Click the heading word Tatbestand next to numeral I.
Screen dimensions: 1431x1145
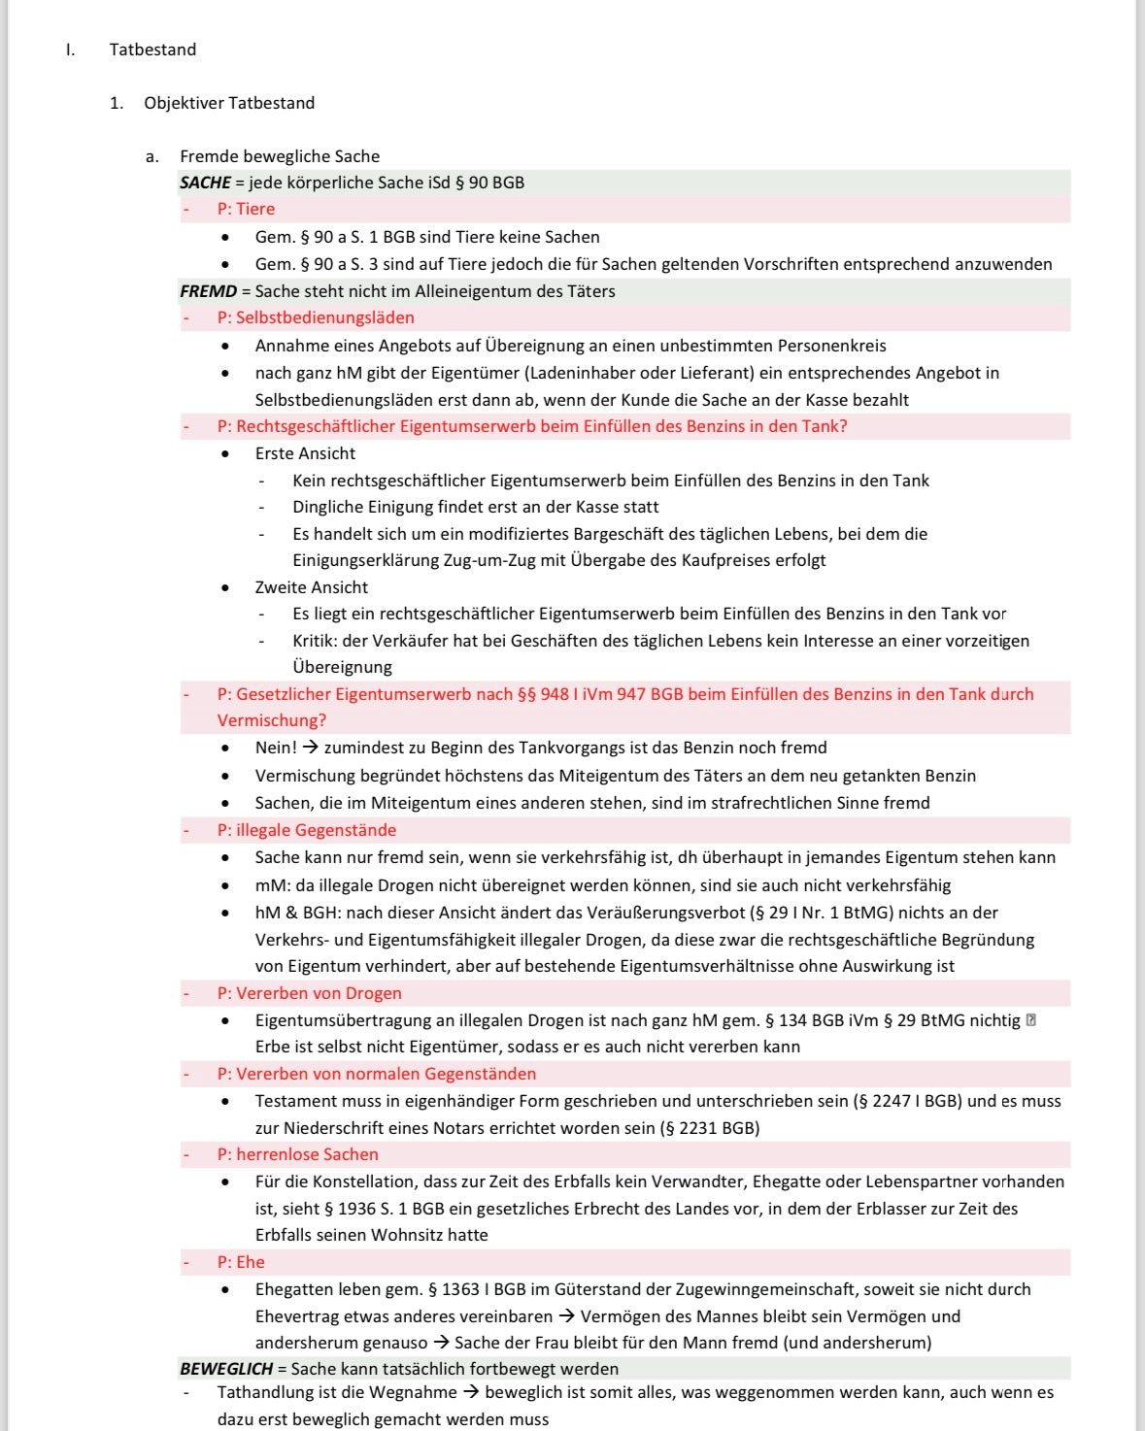click(x=152, y=50)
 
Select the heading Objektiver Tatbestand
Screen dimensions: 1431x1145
click(x=229, y=103)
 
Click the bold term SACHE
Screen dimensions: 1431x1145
click(x=205, y=183)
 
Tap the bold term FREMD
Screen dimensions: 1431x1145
click(x=208, y=291)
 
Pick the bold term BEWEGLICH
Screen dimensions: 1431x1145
click(x=226, y=1369)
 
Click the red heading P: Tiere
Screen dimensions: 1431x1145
click(x=246, y=209)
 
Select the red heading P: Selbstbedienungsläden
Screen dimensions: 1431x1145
click(x=316, y=317)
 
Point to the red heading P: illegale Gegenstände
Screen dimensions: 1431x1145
click(x=306, y=830)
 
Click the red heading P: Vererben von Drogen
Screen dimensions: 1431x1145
click(x=309, y=993)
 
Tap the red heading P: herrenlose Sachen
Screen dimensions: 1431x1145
click(x=297, y=1154)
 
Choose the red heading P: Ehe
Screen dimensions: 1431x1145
click(x=241, y=1262)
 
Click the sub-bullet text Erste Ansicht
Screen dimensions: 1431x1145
click(x=305, y=453)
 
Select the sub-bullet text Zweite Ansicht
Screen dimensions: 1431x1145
click(x=311, y=587)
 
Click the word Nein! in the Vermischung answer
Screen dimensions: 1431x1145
click(x=276, y=748)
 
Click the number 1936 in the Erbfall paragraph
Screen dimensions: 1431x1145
click(x=358, y=1209)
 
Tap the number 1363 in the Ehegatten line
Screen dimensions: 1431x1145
click(x=460, y=1289)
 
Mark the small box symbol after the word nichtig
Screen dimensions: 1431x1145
click(x=1031, y=1020)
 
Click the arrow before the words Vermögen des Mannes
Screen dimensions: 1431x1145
click(x=568, y=1316)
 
